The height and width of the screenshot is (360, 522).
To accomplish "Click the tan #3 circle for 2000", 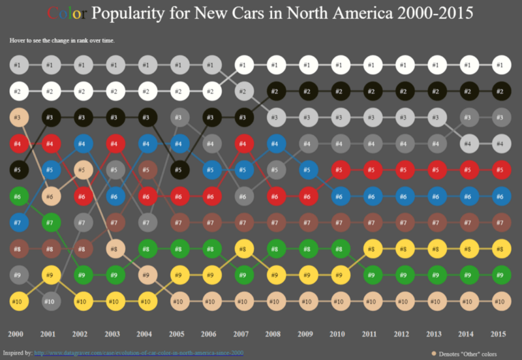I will coord(18,117).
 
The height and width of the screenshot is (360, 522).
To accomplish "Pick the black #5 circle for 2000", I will coord(18,169).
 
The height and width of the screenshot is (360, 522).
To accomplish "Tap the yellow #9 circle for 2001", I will coord(50,275).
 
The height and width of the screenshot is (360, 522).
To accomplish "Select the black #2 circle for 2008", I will coord(275,91).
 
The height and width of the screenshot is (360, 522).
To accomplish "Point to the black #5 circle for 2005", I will coord(179,169).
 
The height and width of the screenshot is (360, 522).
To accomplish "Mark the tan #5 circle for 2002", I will coord(82,169).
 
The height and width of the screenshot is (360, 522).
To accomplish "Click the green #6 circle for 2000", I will coord(18,196).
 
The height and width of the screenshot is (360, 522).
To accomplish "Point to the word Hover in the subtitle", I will coord(18,40).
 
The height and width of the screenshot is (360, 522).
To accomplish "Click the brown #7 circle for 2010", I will coord(339,222).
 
